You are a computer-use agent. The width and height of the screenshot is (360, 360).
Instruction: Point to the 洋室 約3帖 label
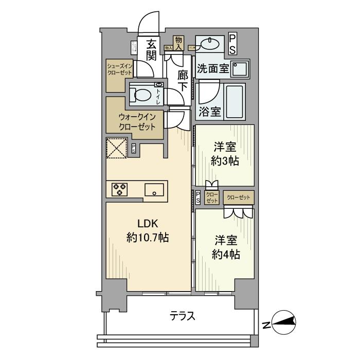tap(225, 153)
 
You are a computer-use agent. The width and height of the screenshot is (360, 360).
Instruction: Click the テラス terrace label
tap(183, 316)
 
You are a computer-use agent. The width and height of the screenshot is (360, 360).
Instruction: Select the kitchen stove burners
tap(120, 189)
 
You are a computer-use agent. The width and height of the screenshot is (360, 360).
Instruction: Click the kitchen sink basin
tap(154, 190)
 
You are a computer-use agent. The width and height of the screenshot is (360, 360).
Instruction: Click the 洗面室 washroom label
tap(212, 69)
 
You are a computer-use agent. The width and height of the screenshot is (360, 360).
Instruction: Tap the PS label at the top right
tap(232, 43)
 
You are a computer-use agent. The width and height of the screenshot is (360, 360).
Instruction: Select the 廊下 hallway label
tap(183, 80)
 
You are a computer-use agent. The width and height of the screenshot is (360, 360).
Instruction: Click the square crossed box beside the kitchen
tap(117, 150)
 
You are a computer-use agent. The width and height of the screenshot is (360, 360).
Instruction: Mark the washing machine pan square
tap(239, 69)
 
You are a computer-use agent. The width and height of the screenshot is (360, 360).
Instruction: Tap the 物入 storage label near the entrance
tap(178, 42)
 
